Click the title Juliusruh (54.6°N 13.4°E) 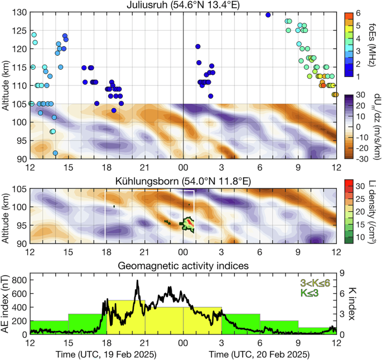click(183, 5)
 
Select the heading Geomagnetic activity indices click(183, 266)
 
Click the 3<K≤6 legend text click(315, 283)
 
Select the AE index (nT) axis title click(6, 303)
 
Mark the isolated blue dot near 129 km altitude click(268, 15)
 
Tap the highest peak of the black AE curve click(137, 281)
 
